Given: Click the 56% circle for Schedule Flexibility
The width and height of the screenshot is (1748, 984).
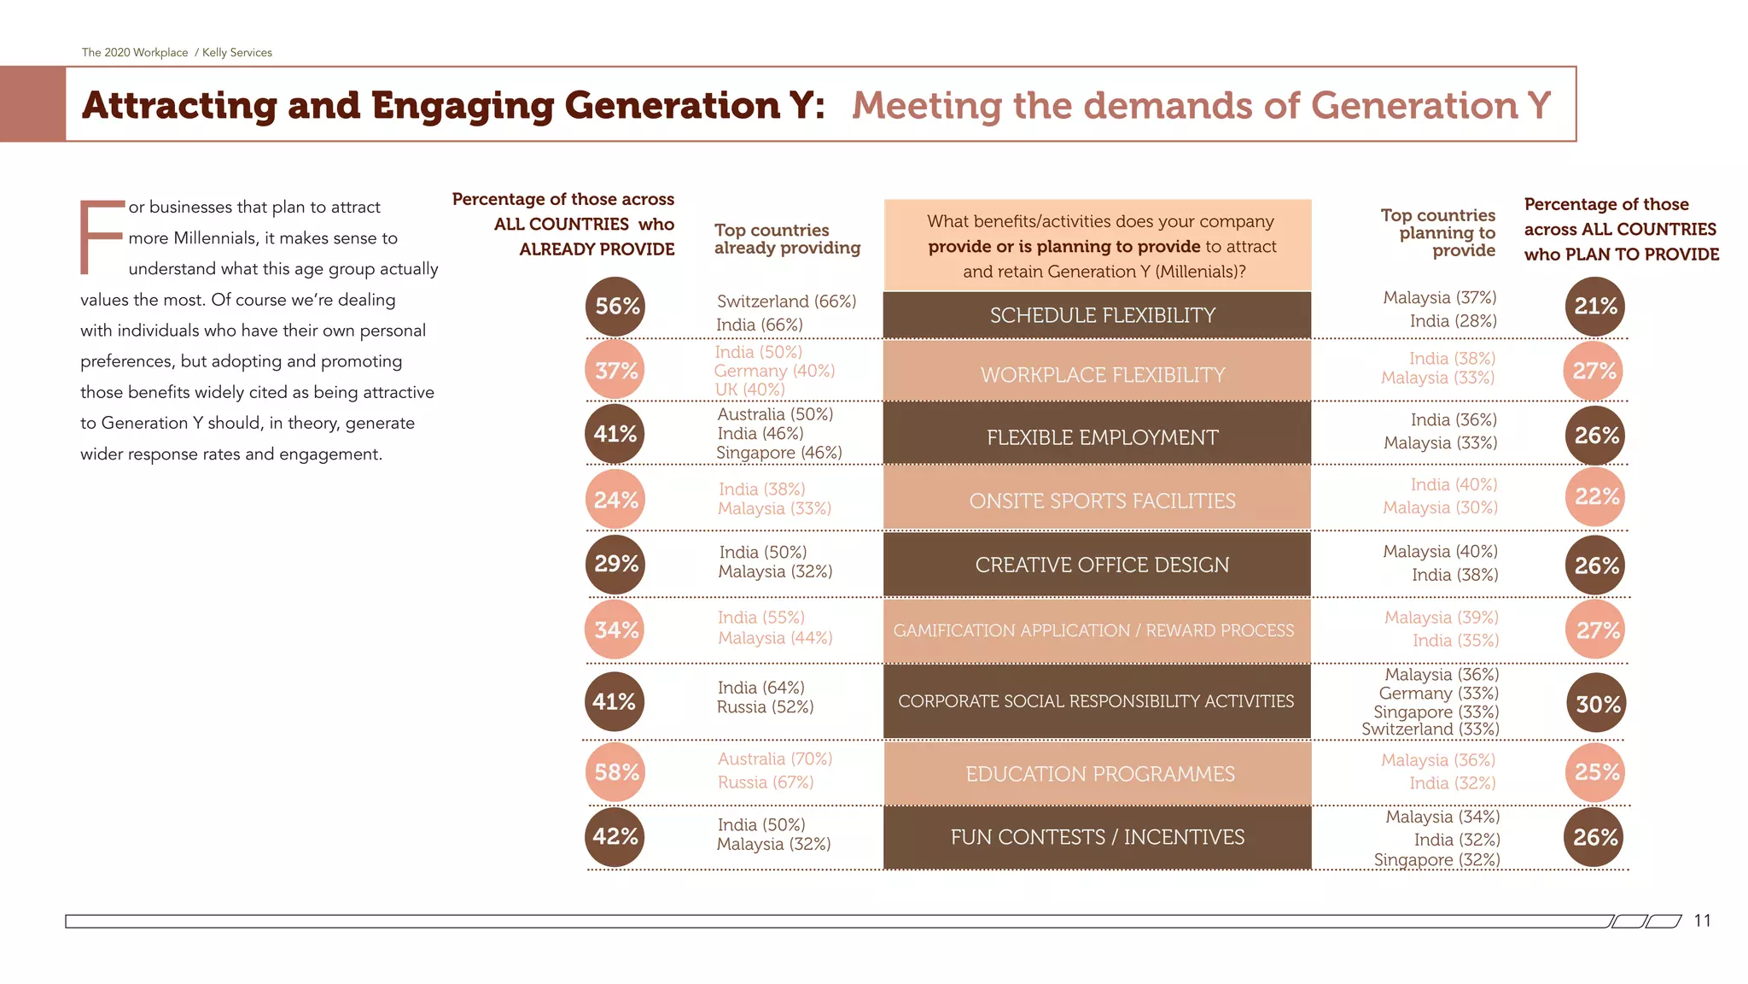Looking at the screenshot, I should pyautogui.click(x=615, y=307).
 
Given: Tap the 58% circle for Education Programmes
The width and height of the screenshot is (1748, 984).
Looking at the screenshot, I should pyautogui.click(x=615, y=773).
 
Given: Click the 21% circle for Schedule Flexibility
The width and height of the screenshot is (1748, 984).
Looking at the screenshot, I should pyautogui.click(x=1595, y=307).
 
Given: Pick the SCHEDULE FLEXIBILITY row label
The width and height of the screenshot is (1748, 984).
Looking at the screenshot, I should pyautogui.click(x=1102, y=316).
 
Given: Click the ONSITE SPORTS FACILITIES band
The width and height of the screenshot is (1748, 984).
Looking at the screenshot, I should pyautogui.click(x=1102, y=501).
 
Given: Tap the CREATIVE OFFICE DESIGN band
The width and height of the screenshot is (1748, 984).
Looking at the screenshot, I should pyautogui.click(x=1102, y=565).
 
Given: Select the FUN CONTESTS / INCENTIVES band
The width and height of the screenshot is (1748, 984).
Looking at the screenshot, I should pyautogui.click(x=1097, y=838).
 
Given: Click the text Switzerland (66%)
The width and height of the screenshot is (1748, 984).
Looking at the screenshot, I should pyautogui.click(x=786, y=302).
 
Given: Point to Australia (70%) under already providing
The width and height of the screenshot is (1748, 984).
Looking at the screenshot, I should pyautogui.click(x=774, y=759).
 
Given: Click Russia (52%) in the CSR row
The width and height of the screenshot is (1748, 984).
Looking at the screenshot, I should pyautogui.click(x=765, y=707).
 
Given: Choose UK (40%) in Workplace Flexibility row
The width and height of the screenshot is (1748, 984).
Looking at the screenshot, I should pyautogui.click(x=749, y=389).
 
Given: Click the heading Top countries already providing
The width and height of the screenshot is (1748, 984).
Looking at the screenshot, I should pyautogui.click(x=786, y=239).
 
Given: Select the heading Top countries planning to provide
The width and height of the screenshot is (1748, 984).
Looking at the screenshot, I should pyautogui.click(x=1439, y=233).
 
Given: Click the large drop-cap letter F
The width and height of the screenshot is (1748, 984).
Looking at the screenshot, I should pyautogui.click(x=100, y=237).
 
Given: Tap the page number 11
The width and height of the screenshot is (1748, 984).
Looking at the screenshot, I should pyautogui.click(x=1702, y=921).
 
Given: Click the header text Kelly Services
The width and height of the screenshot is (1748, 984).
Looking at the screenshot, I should pyautogui.click(x=237, y=53).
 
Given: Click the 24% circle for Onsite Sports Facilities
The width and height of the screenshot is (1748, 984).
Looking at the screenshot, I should pyautogui.click(x=615, y=501).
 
